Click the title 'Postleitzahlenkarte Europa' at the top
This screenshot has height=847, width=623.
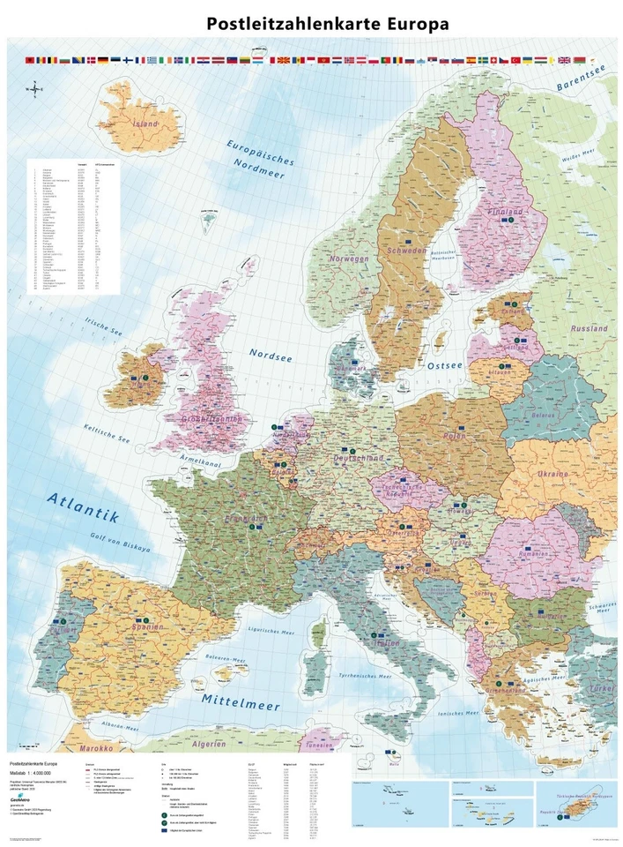pyautogui.click(x=327, y=24)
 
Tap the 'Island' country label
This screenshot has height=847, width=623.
pyautogui.click(x=145, y=124)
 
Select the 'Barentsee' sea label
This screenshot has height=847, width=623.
pyautogui.click(x=584, y=82)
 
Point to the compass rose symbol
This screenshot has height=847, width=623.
pyautogui.click(x=34, y=87)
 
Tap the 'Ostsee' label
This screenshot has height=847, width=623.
pyautogui.click(x=439, y=364)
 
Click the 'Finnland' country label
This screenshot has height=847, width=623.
pyautogui.click(x=506, y=213)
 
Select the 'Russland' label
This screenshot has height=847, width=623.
pyautogui.click(x=589, y=328)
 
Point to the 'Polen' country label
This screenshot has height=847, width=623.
pyautogui.click(x=455, y=435)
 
